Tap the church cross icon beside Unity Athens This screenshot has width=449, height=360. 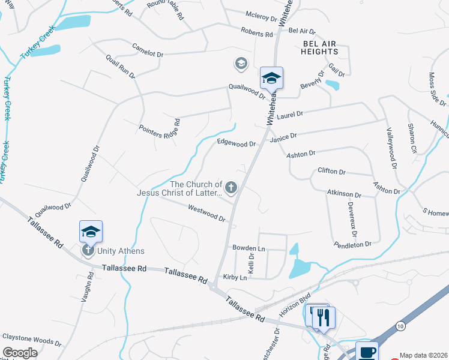[x=88, y=250]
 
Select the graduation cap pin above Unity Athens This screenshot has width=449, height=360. [x=91, y=232]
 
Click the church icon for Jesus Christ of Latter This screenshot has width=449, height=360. [x=231, y=188]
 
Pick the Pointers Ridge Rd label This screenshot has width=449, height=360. [x=160, y=128]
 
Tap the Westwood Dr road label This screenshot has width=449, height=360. [x=206, y=214]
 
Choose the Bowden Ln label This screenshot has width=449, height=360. [x=249, y=248]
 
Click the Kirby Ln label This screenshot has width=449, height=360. [x=235, y=277]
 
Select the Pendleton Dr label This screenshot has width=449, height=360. [x=353, y=244]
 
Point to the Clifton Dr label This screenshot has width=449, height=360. [x=332, y=172]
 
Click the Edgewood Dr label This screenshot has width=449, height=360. [x=237, y=144]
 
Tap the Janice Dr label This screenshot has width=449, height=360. [x=284, y=139]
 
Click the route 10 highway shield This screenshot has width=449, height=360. [x=400, y=325]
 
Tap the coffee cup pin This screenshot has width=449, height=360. [x=367, y=352]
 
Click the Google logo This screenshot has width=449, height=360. [x=20, y=353]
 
